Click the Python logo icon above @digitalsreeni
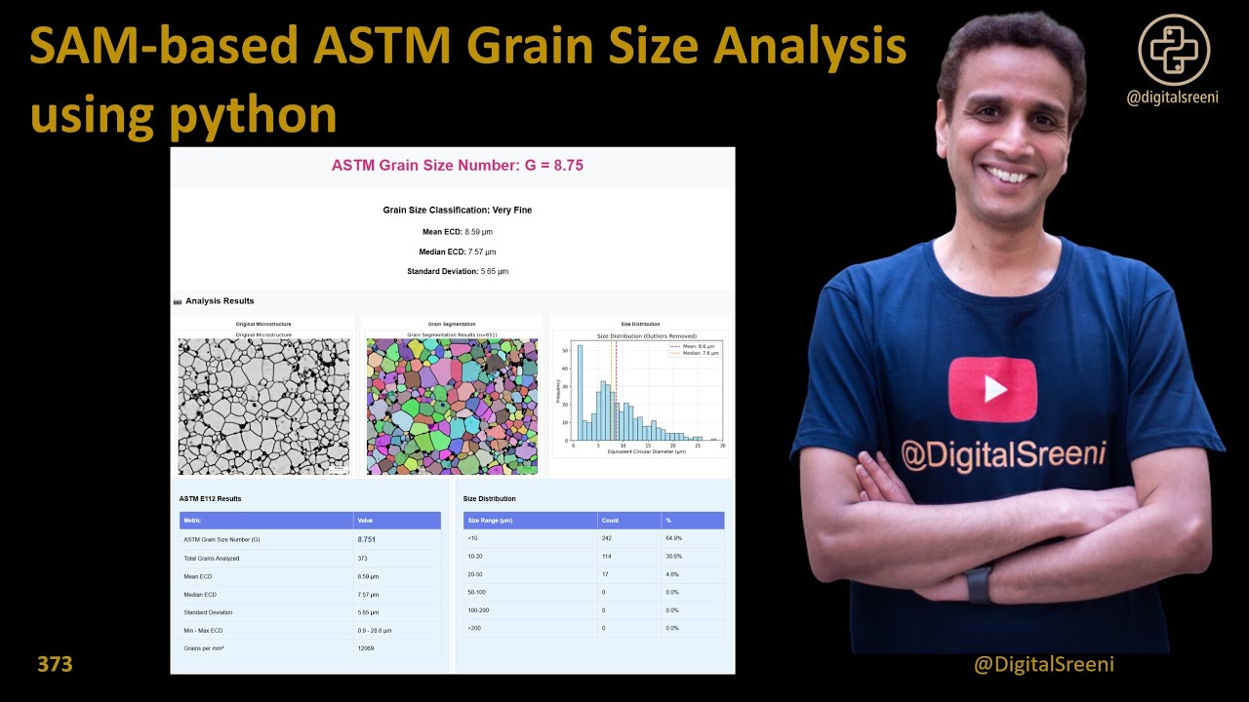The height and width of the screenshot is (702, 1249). [x=1174, y=50]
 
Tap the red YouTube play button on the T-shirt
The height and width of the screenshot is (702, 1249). [x=992, y=389]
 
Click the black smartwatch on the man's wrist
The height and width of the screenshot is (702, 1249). [x=979, y=585]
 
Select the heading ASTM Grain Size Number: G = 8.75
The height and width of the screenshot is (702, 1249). [x=457, y=166]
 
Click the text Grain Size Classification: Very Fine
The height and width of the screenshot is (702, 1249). [x=457, y=210]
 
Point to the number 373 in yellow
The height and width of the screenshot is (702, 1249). [x=55, y=665]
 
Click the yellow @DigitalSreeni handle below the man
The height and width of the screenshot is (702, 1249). [x=1044, y=665]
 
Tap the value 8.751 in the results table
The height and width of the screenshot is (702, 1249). [x=366, y=539]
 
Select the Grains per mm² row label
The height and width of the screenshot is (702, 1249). [x=205, y=648]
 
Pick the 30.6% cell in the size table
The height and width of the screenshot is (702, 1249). [x=672, y=557]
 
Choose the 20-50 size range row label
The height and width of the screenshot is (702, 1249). [x=477, y=575]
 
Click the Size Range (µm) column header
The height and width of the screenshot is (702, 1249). [x=490, y=521]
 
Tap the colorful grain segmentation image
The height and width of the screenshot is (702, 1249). [x=452, y=407]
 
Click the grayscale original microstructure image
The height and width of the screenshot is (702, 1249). [x=263, y=407]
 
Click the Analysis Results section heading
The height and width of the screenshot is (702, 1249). [x=220, y=301]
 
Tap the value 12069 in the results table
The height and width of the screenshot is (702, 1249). [x=366, y=648]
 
